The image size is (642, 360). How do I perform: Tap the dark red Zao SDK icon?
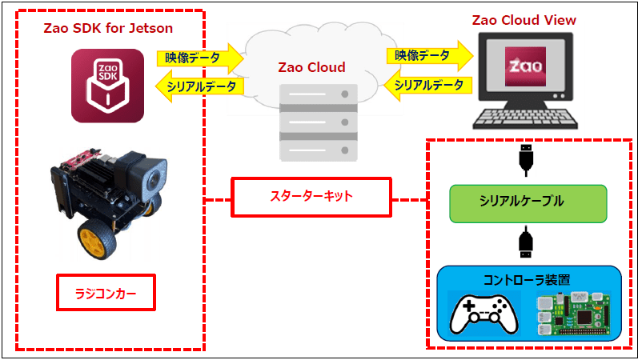(105, 85)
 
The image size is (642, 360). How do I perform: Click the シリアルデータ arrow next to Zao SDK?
(199, 86)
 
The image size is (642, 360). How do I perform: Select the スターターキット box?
(311, 197)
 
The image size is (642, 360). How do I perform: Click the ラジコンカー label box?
(105, 294)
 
